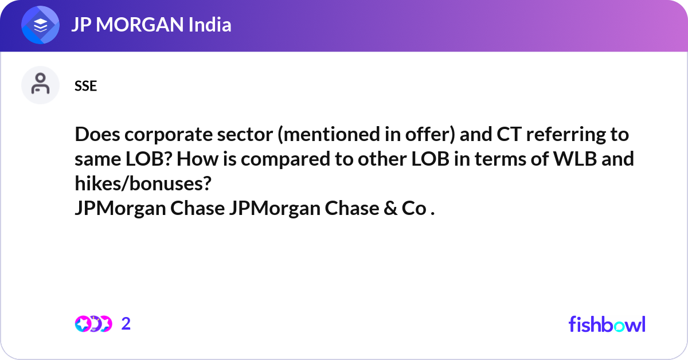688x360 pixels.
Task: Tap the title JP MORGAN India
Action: [x=151, y=25]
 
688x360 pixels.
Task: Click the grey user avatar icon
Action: [x=40, y=85]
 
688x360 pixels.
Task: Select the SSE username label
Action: [x=85, y=86]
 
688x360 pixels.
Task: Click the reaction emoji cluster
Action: [x=93, y=324]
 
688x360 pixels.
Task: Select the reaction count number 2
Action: [x=126, y=324]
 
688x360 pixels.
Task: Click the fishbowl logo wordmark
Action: [x=607, y=324]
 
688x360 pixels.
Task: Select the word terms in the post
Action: [x=502, y=159]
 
